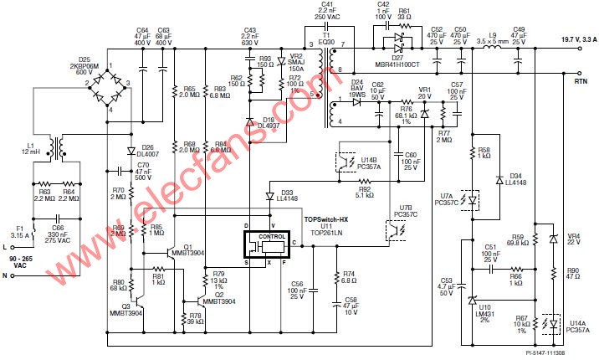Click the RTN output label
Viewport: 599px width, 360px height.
(580, 82)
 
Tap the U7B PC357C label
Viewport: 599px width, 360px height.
(403, 211)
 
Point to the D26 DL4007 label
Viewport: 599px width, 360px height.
(150, 150)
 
